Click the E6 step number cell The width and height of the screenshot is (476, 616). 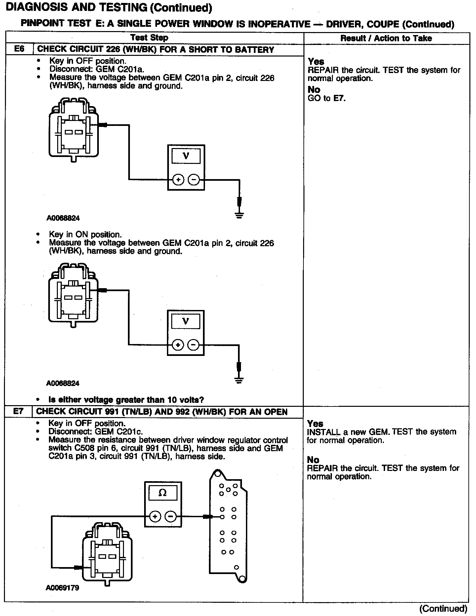(x=20, y=49)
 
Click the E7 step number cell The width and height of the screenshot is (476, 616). (x=19, y=411)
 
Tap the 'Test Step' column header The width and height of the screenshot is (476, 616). (x=149, y=38)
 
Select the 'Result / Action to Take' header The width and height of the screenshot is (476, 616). (x=386, y=38)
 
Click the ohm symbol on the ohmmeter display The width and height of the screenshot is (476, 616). (x=163, y=493)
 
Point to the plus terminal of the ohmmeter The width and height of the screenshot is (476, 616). (x=155, y=516)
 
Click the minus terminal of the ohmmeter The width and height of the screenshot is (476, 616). (x=171, y=516)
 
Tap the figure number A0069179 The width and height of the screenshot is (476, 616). (x=62, y=588)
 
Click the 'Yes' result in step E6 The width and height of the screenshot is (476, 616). (x=316, y=61)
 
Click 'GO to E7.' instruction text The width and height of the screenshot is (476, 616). (x=327, y=98)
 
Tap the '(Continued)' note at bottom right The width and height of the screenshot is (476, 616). (x=443, y=608)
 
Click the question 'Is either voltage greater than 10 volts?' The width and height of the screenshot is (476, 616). (x=126, y=400)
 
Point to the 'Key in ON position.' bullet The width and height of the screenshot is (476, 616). (x=85, y=235)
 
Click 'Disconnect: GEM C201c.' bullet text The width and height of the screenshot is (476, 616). (x=96, y=432)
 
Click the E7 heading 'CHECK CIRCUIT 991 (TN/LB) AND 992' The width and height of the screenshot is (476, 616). (x=162, y=412)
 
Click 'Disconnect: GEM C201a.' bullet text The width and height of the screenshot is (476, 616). (x=97, y=69)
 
